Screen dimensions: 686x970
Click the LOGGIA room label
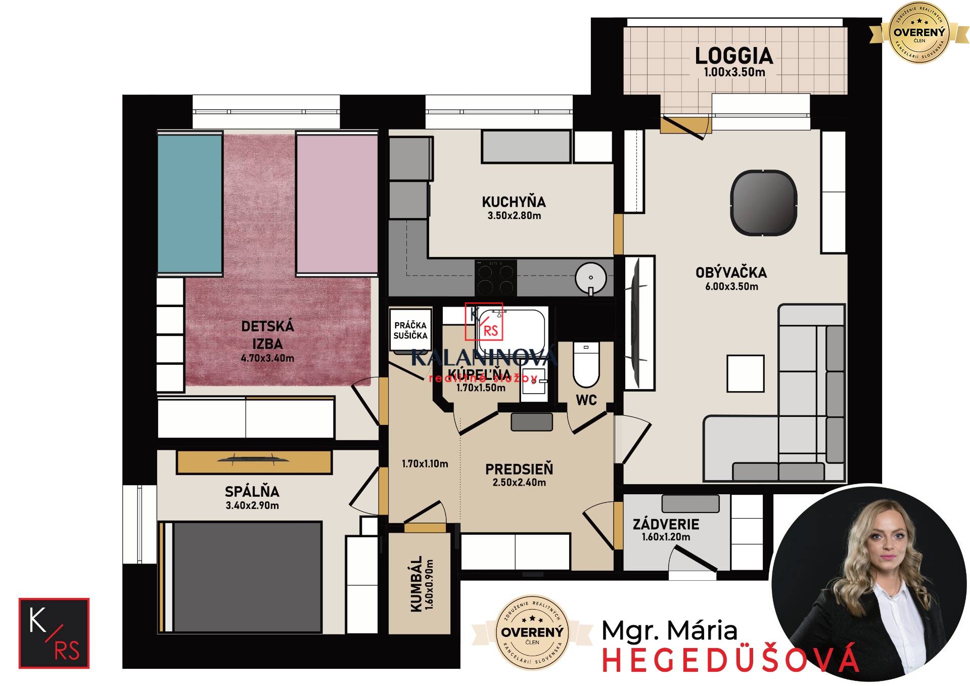coord(734,56)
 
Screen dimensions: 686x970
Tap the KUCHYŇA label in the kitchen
coord(514,202)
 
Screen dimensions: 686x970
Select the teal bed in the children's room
coord(190,203)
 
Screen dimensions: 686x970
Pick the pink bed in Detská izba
coord(337,203)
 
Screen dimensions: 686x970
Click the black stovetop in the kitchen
coord(495,278)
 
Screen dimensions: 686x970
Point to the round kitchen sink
coord(590,278)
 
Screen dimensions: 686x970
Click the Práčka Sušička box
coord(410,330)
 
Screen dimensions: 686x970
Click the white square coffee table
coord(745,373)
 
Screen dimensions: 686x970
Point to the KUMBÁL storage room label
coord(417,584)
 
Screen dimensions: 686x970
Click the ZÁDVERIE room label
coord(666,524)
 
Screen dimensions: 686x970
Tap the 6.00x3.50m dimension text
coord(731,287)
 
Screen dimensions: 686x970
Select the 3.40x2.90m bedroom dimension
coord(252,505)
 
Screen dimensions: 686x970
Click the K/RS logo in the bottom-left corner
coord(54,633)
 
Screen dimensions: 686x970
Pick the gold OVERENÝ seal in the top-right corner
coord(919,33)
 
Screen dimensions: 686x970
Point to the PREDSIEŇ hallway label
coord(519,469)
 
